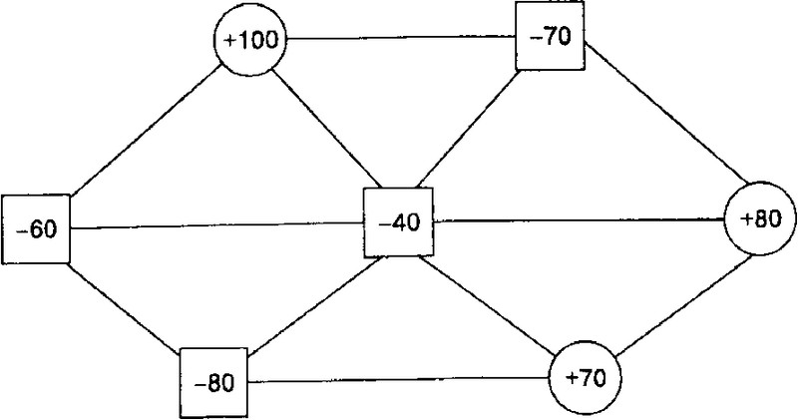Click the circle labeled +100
click(x=250, y=40)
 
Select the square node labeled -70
click(x=551, y=36)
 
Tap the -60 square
click(x=36, y=229)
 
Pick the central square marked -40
click(x=398, y=222)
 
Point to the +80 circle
click(x=760, y=218)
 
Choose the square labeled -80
click(x=214, y=383)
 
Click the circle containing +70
click(x=586, y=378)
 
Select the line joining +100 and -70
click(x=401, y=38)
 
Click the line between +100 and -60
click(x=146, y=132)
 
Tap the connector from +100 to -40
click(x=328, y=129)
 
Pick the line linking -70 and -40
click(x=468, y=129)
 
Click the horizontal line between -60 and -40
click(x=216, y=226)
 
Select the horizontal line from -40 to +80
click(x=579, y=219)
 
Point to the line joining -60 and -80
click(x=126, y=306)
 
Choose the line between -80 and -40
click(x=316, y=305)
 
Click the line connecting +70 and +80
click(x=684, y=304)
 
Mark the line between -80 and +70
click(x=399, y=380)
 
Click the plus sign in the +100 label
click(x=229, y=41)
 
